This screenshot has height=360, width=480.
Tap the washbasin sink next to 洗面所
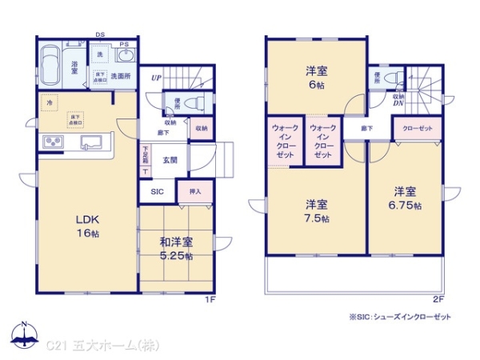125,57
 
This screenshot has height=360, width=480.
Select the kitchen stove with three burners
53,143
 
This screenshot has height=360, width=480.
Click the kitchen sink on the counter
90,143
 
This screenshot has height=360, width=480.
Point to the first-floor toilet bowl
193,102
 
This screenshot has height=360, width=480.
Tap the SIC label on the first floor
155,192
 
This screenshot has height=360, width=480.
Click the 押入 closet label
195,192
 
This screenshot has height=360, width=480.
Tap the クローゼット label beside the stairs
414,128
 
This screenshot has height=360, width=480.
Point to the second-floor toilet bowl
390,78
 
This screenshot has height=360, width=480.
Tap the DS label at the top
100,34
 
